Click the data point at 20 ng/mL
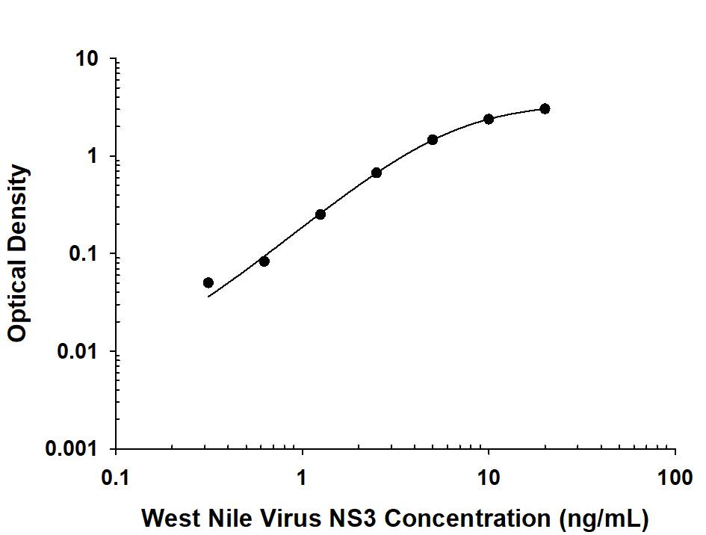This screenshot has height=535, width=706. click(x=545, y=109)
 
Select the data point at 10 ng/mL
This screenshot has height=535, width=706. click(x=489, y=119)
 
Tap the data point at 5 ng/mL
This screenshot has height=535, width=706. click(x=433, y=140)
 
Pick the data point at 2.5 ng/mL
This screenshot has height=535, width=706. click(x=377, y=173)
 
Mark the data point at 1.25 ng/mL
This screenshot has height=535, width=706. click(x=321, y=214)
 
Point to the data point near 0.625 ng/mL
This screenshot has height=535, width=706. click(x=264, y=262)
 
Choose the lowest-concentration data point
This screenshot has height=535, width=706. click(x=208, y=282)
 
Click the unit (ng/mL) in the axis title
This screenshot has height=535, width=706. click(x=601, y=517)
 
